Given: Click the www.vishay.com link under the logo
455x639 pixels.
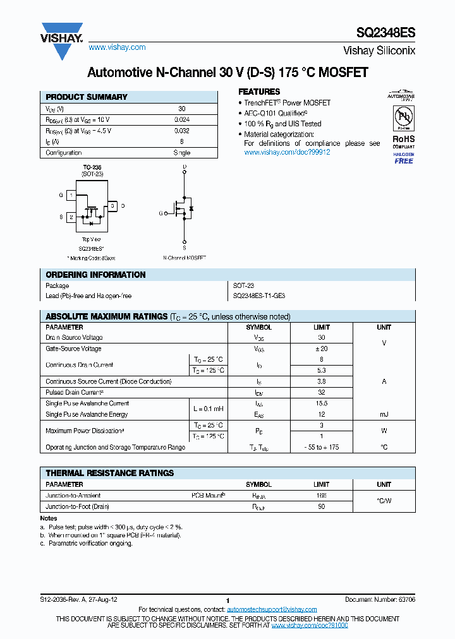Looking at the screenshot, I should (x=117, y=47).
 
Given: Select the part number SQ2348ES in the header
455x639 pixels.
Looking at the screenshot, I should (x=387, y=32).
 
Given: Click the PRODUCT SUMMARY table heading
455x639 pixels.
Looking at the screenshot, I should (x=87, y=97).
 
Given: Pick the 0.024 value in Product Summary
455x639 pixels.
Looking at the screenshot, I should (x=182, y=119).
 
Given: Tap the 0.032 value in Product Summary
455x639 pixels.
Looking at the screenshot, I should (x=182, y=131).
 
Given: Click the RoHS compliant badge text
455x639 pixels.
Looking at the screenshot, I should (x=403, y=141).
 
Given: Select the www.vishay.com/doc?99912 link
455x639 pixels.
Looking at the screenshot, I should (x=287, y=152).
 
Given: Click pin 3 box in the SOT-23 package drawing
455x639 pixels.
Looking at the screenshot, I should (x=112, y=206).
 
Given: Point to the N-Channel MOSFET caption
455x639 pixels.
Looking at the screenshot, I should (x=185, y=258).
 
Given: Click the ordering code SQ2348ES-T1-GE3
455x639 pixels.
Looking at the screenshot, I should (x=259, y=296).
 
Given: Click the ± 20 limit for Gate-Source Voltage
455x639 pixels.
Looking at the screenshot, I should (x=322, y=349).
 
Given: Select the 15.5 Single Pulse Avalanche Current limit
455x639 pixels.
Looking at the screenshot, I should (x=322, y=403).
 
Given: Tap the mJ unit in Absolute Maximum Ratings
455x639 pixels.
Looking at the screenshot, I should (x=384, y=414).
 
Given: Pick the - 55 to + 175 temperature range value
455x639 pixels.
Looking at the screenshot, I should (x=322, y=447).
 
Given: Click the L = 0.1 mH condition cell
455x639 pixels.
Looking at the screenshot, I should (x=207, y=409).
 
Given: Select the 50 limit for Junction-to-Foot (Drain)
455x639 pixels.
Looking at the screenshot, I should (x=322, y=506).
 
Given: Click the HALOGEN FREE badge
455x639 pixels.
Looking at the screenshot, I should (x=403, y=158).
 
